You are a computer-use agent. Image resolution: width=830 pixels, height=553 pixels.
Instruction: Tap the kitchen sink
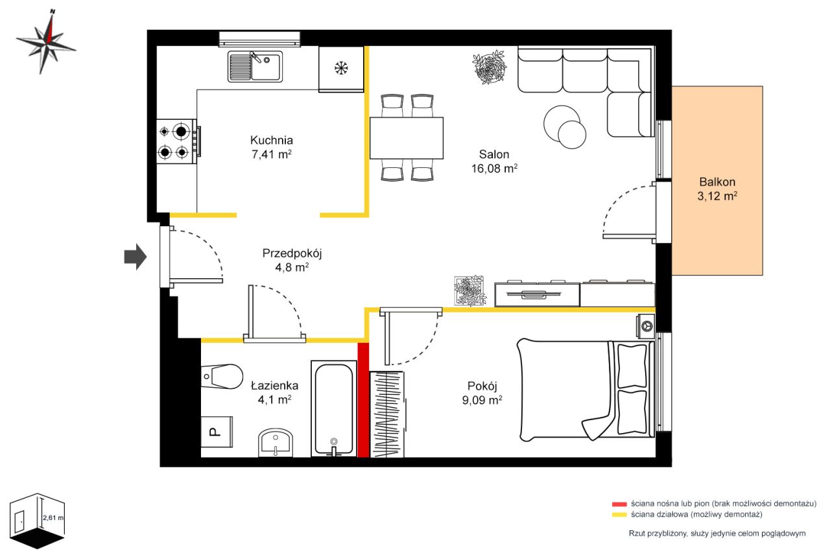(255, 66)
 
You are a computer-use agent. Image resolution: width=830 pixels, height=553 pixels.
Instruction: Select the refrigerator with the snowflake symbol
(341, 69)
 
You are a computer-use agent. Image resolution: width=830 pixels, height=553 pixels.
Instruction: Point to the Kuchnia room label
(272, 140)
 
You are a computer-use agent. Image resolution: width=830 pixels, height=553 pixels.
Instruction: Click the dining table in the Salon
(407, 138)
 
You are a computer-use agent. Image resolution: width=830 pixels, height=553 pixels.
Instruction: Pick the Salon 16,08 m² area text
(494, 169)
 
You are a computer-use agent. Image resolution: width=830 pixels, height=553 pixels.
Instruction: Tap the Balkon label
(717, 182)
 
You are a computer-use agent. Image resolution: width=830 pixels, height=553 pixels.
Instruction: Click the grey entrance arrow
(136, 257)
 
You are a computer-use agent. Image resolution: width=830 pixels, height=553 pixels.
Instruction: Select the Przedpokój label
(292, 253)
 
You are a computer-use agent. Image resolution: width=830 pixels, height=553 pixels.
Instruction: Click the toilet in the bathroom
(222, 376)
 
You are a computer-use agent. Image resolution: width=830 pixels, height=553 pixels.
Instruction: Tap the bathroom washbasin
(276, 443)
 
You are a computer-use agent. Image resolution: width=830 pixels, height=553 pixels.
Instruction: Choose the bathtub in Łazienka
(334, 409)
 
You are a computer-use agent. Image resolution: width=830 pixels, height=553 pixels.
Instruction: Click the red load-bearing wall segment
(364, 400)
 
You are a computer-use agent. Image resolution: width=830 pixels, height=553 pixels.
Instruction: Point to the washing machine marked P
(217, 432)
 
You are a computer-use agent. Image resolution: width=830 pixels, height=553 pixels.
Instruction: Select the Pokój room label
(482, 386)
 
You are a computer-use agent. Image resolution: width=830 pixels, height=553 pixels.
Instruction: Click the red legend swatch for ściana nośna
(619, 504)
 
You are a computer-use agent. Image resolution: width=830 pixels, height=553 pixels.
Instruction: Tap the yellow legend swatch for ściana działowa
(619, 515)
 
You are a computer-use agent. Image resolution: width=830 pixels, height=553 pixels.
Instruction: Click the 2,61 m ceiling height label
(53, 518)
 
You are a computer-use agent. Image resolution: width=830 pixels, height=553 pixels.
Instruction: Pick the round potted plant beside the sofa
(489, 67)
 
